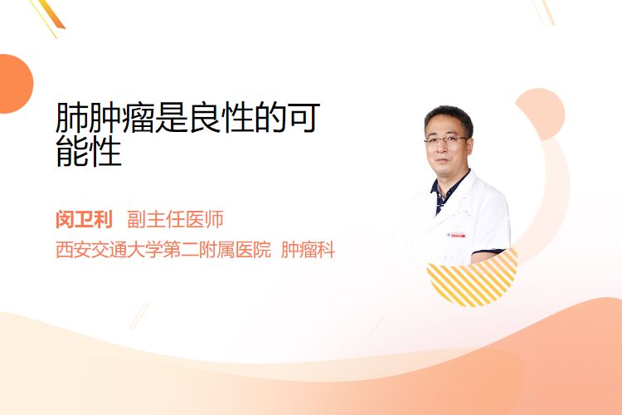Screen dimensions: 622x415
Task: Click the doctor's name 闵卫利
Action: [84, 220]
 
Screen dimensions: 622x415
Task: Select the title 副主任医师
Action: [175, 220]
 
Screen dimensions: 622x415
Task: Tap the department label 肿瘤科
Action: [309, 250]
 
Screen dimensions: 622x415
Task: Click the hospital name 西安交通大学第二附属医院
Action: [163, 250]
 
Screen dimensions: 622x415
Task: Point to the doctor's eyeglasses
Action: [446, 139]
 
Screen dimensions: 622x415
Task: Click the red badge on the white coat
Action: [456, 235]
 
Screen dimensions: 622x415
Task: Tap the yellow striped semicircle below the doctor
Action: [473, 280]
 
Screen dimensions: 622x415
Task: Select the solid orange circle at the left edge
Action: [15, 84]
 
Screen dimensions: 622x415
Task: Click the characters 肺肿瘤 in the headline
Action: [104, 118]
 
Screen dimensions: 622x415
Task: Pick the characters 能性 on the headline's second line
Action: [89, 151]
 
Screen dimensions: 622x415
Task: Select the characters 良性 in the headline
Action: [220, 118]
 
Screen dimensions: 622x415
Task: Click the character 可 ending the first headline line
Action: [304, 118]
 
